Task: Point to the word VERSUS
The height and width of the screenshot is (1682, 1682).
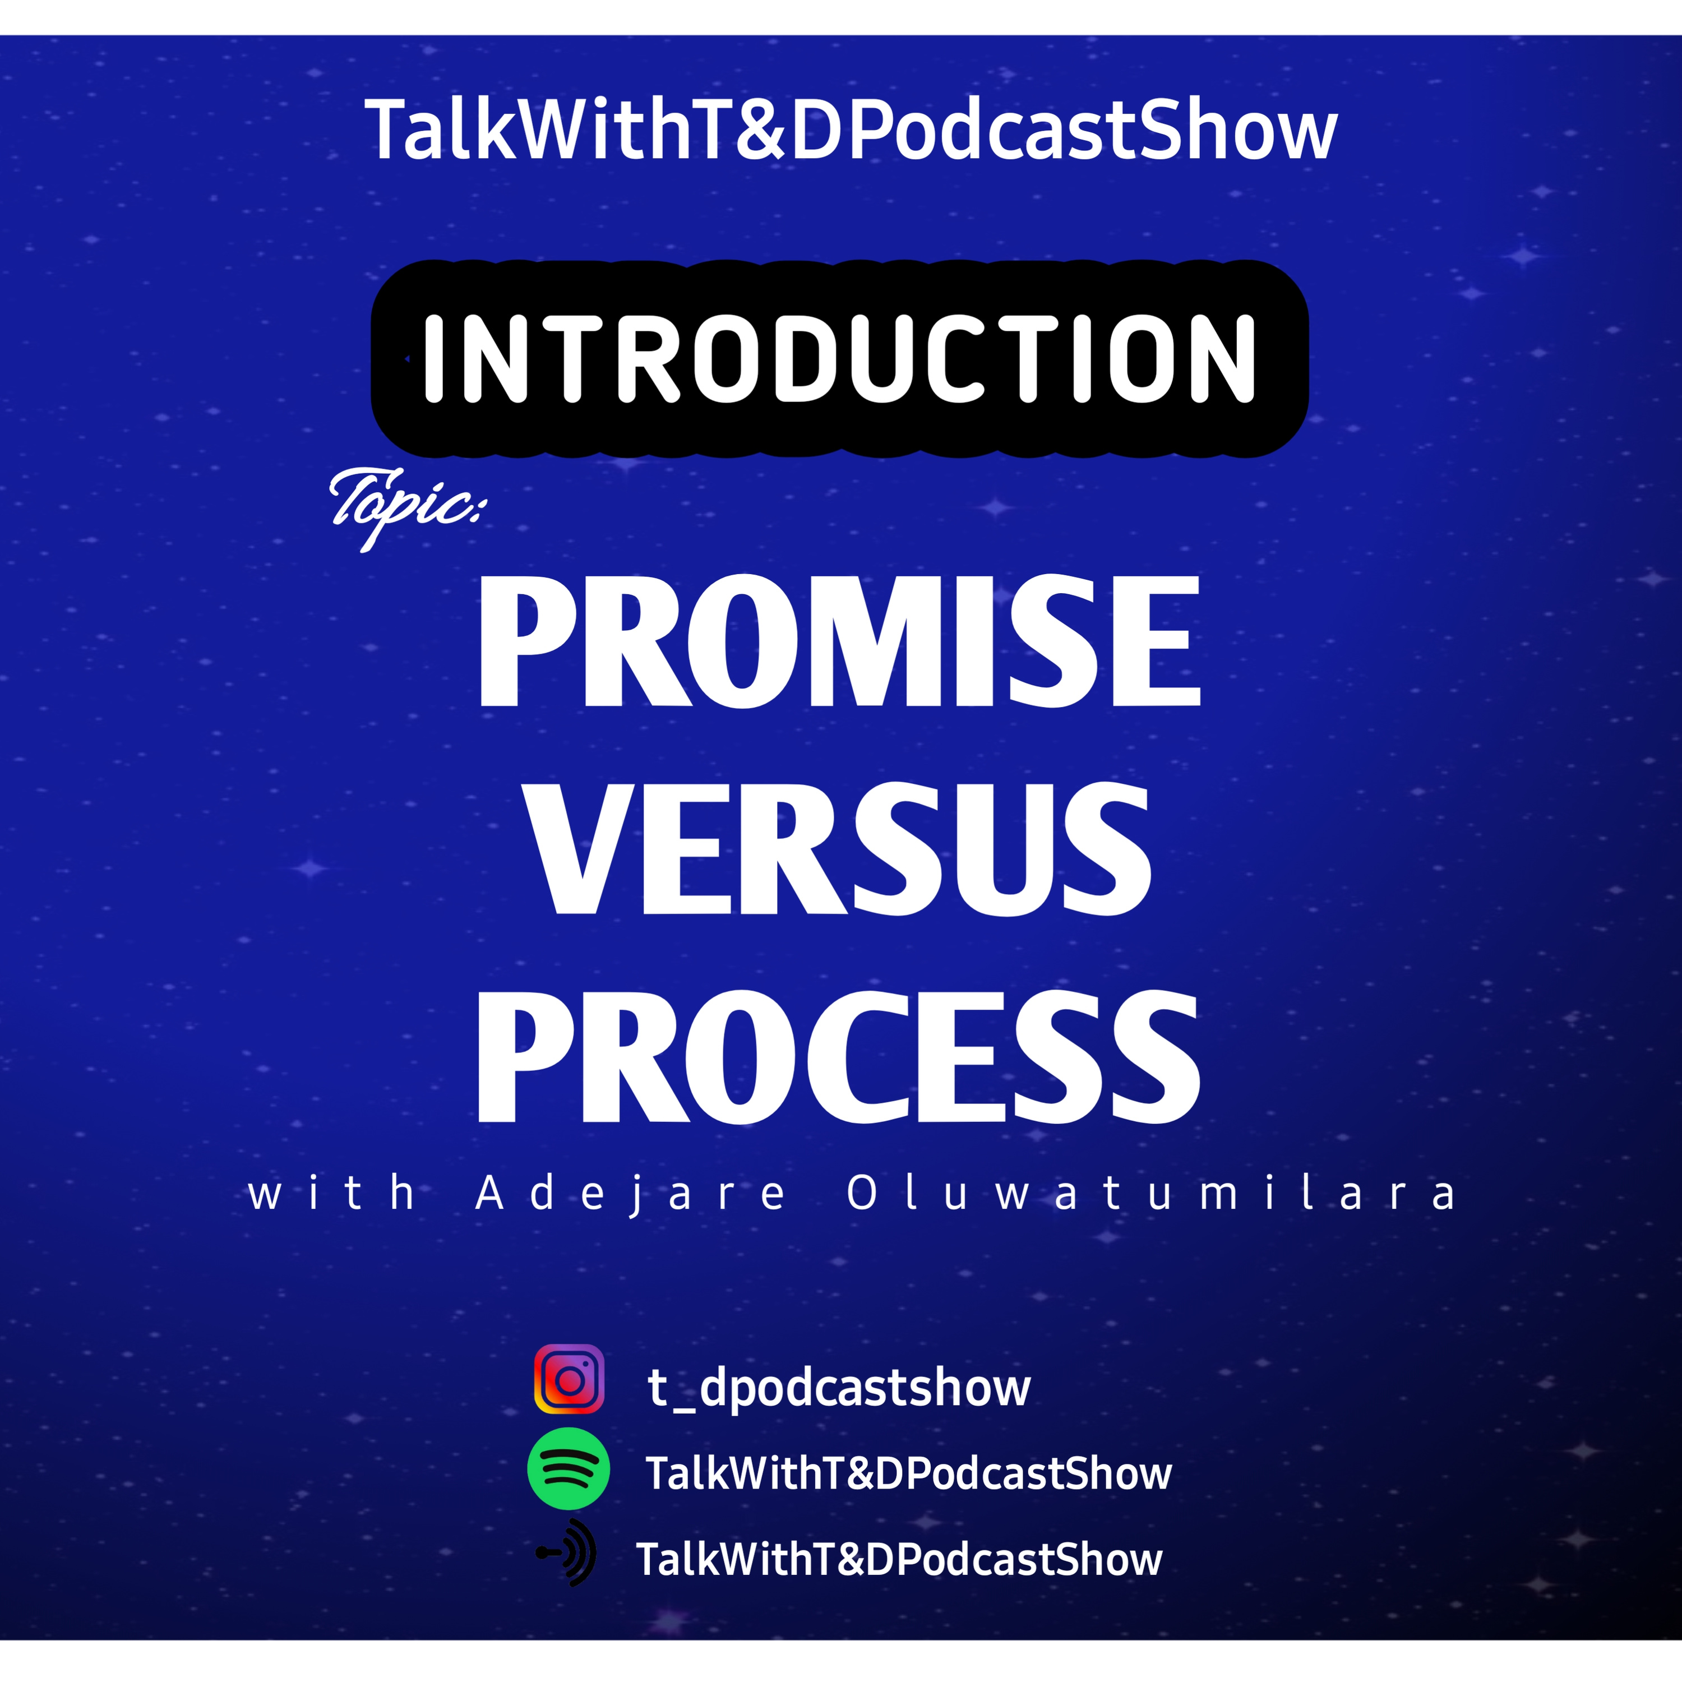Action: [x=840, y=849]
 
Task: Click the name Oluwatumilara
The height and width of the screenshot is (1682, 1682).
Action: [x=1151, y=1193]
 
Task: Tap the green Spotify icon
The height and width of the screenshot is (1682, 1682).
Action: [x=569, y=1469]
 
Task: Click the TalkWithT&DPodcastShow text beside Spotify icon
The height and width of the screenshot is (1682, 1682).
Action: [x=909, y=1473]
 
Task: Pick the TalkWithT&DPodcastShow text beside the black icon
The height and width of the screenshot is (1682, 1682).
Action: [x=899, y=1559]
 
